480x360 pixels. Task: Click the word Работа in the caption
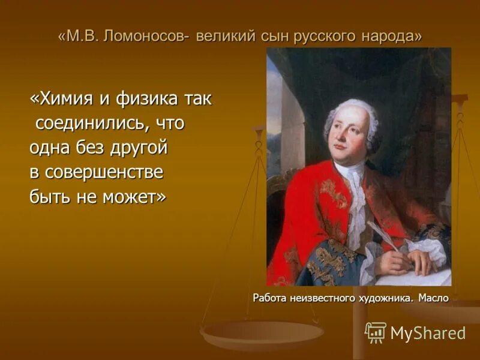(269, 297)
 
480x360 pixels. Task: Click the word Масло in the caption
(433, 297)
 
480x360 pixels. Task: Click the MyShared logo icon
(376, 332)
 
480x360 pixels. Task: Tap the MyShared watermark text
(428, 333)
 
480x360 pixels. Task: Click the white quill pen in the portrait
(379, 232)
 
